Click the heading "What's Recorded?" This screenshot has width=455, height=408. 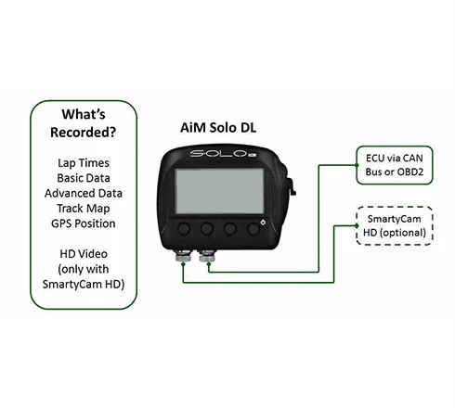[84, 123]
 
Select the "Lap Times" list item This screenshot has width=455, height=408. [84, 163]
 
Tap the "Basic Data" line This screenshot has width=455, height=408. [84, 178]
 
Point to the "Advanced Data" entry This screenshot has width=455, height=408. [84, 193]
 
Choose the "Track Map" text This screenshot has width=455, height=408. [84, 209]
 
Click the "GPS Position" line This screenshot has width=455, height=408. [84, 223]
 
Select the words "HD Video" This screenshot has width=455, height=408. [84, 254]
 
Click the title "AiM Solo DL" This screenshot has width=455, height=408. [218, 128]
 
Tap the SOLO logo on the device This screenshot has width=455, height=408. [222, 153]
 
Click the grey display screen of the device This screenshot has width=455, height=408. [219, 191]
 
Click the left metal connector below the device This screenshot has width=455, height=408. [183, 256]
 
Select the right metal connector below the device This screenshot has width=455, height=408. [207, 256]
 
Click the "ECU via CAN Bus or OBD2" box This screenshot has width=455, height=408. [395, 165]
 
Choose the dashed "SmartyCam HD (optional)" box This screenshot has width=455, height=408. [395, 226]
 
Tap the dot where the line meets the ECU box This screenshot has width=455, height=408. [357, 165]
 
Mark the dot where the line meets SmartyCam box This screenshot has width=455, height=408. [357, 226]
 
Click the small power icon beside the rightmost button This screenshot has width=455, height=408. [263, 223]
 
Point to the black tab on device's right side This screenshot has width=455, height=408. [292, 186]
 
